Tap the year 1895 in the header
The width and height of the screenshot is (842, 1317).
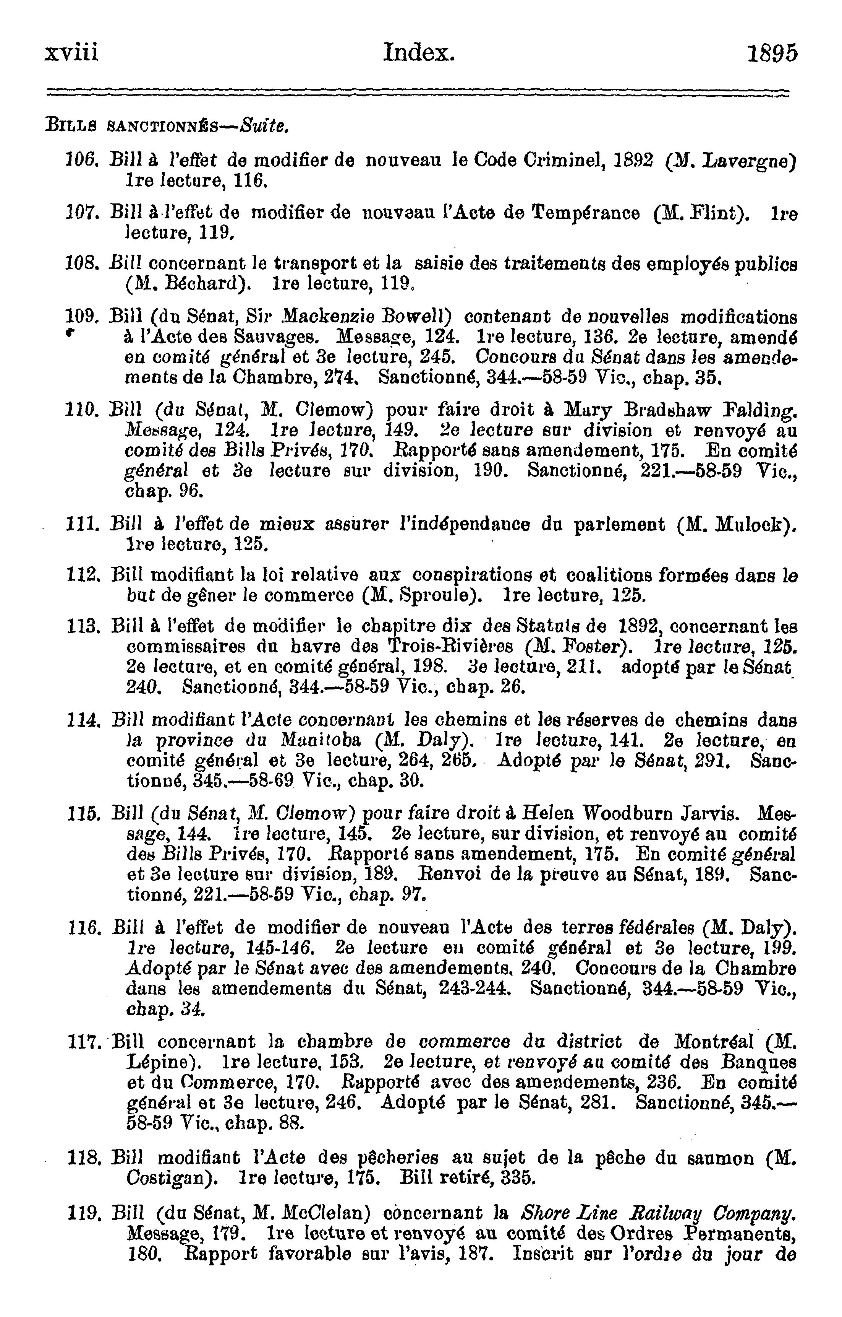772,54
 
